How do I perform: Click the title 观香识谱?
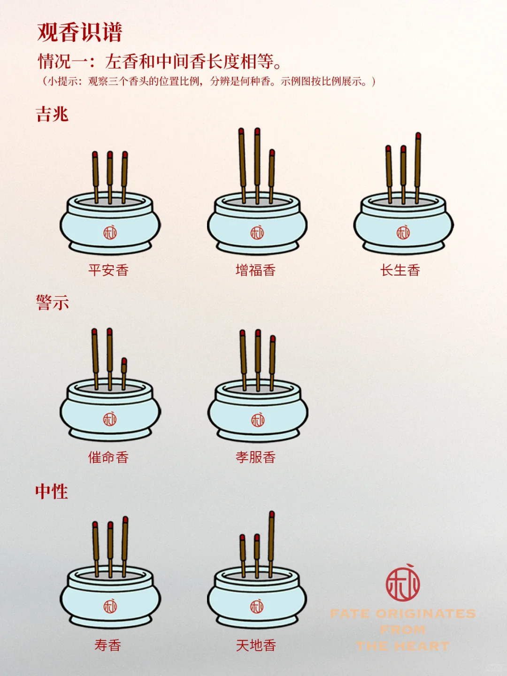pos(80,33)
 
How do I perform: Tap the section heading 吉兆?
pos(52,114)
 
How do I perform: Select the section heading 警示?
pos(52,302)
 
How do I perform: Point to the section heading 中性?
pos(52,492)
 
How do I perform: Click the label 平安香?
pos(108,270)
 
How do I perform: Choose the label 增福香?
pos(255,270)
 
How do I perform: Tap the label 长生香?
pos(400,270)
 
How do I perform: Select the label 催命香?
pos(108,457)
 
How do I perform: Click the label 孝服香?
pos(255,457)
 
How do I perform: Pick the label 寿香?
pos(108,645)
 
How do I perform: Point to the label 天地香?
pos(255,645)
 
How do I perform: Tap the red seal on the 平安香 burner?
pos(110,232)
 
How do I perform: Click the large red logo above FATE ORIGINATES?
pos(403,583)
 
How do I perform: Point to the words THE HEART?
pos(403,646)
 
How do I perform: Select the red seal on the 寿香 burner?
pos(110,606)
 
